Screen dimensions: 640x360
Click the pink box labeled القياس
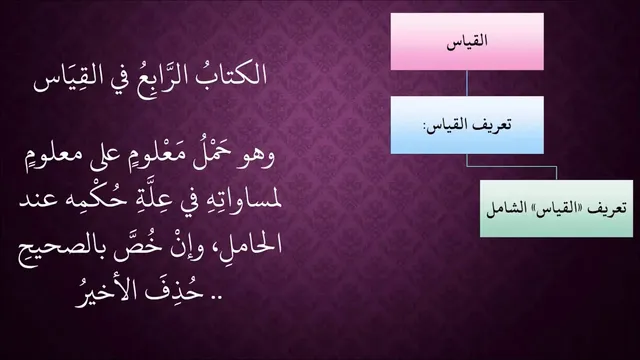467,41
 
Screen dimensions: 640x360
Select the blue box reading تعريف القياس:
467,125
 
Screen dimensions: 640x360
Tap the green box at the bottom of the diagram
556,209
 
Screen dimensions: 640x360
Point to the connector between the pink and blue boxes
467,83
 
